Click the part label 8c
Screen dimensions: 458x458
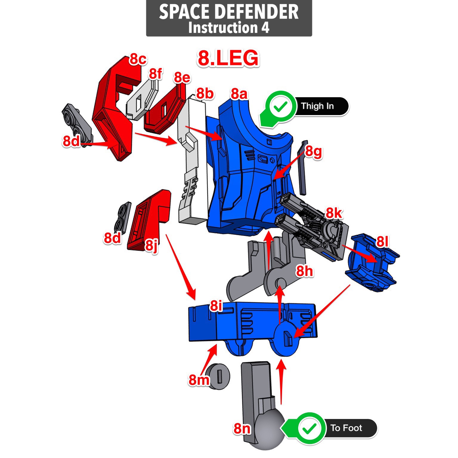138,59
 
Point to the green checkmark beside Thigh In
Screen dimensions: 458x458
280,106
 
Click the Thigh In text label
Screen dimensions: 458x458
317,106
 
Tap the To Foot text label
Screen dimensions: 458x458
346,428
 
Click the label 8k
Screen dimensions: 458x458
334,213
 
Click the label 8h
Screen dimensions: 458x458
304,271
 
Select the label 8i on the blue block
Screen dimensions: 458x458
216,306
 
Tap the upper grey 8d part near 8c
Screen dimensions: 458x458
76,122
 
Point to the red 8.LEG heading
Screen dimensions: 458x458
228,58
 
